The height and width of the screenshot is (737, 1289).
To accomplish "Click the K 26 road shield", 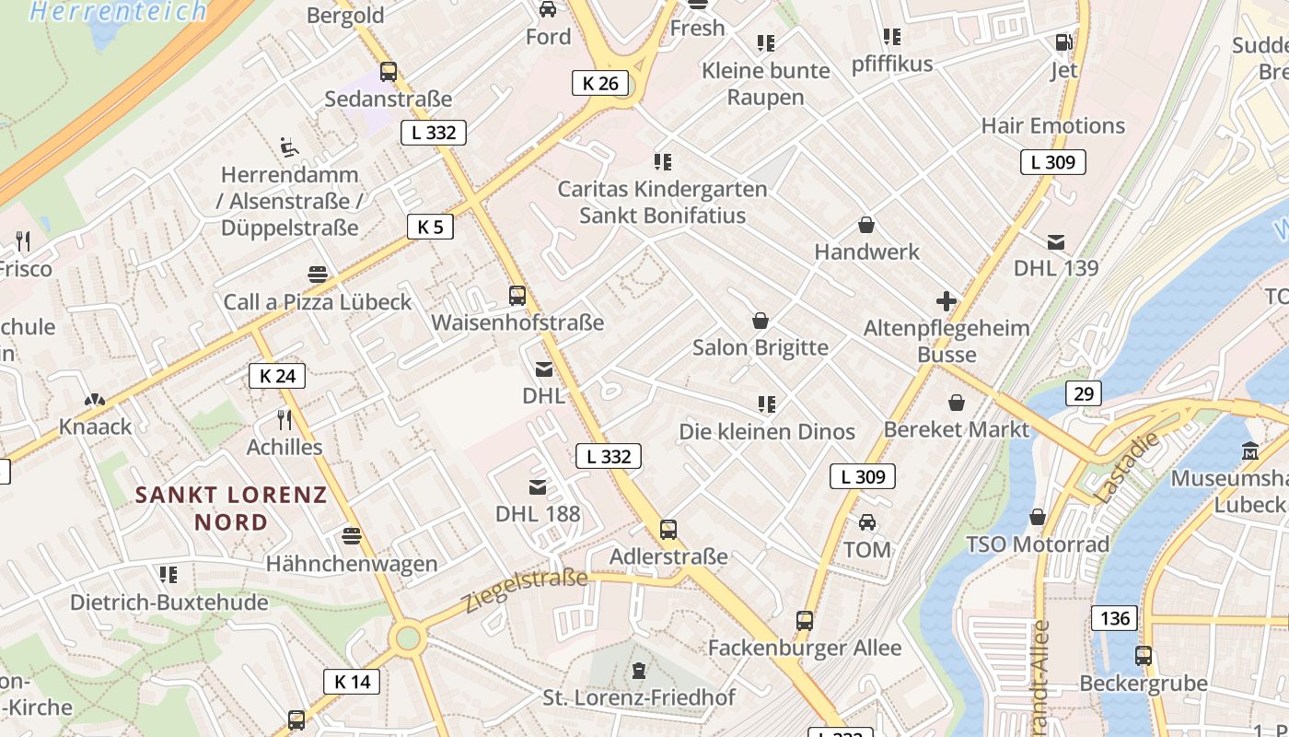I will [600, 83].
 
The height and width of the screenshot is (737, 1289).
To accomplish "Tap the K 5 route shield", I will [430, 227].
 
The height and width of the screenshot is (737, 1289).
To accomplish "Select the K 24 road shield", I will [277, 376].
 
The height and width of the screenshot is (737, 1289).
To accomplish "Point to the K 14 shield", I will [352, 682].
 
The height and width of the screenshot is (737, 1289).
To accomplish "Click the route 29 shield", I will [1084, 394].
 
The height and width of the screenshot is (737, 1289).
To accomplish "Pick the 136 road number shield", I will [1115, 617].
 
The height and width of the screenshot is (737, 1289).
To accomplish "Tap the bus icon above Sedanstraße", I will [389, 72].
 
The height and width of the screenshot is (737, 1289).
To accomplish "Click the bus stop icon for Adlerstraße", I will [668, 530].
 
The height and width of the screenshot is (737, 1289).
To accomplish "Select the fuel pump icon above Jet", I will [1063, 42].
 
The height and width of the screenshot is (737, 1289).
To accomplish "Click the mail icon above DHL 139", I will [1056, 242].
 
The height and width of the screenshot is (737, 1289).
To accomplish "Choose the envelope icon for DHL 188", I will [538, 487].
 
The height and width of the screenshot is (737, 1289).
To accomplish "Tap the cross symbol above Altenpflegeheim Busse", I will [946, 301].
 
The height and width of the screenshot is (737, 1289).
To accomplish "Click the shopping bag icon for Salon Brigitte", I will [761, 321].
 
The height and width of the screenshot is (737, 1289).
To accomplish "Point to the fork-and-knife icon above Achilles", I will [285, 420].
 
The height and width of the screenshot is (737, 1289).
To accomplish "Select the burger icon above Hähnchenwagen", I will [351, 536].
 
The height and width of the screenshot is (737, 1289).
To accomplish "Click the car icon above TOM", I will [867, 523].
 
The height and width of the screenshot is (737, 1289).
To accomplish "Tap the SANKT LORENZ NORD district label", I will [231, 508].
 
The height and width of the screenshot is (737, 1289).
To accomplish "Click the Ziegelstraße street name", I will [525, 590].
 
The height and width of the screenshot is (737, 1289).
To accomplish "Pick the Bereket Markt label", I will [957, 429].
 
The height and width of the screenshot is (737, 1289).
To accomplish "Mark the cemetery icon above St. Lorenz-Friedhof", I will [639, 671].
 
